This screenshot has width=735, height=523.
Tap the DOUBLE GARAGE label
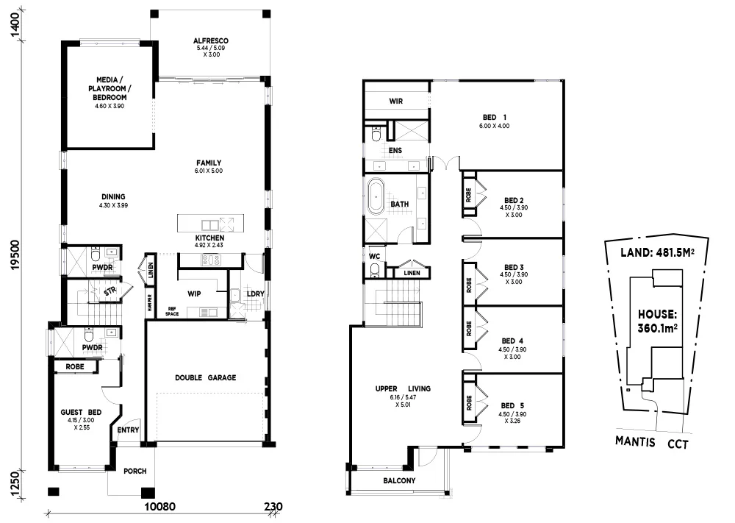205,377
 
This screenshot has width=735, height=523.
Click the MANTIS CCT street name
652,444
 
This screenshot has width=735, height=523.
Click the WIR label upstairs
395,102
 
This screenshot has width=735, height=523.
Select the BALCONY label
399,481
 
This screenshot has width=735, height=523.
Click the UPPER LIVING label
403,388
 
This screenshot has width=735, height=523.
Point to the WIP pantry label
195,293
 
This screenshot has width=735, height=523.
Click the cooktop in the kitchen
212,259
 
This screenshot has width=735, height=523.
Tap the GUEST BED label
81,413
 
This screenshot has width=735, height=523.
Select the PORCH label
135,472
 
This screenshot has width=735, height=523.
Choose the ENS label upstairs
395,151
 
